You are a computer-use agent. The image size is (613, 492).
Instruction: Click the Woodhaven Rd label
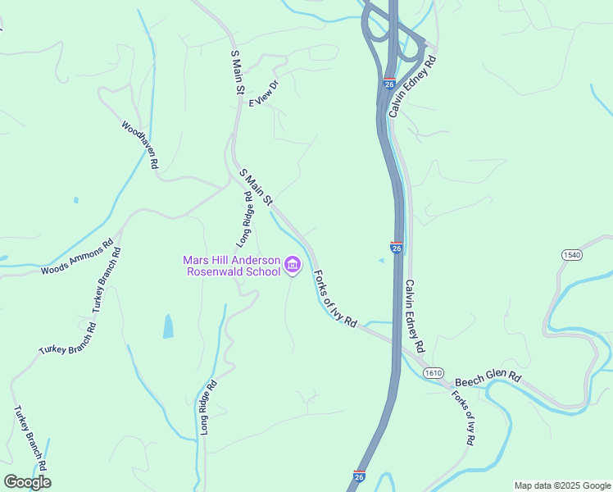pos(139,145)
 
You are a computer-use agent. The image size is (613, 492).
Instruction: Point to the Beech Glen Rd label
pos(488,379)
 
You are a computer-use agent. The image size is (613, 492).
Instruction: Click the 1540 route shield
pos(572,256)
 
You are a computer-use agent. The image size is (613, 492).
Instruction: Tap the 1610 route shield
pos(434,373)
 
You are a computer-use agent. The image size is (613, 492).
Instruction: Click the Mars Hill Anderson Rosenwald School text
pos(231,266)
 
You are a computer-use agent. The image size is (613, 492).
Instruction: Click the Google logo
pos(27,481)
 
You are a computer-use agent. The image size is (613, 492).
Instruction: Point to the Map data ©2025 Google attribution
pos(562,485)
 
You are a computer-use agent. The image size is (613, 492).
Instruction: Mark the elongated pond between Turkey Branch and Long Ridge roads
pos(168,326)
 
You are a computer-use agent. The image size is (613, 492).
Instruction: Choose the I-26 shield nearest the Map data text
pos(359,476)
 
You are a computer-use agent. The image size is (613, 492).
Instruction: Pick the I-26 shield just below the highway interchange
pos(389,84)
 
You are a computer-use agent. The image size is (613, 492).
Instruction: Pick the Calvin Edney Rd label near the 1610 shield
pos(415,316)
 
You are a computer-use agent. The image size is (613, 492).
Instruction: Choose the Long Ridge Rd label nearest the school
pos(245,219)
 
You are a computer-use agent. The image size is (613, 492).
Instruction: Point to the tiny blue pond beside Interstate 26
pos(381,261)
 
